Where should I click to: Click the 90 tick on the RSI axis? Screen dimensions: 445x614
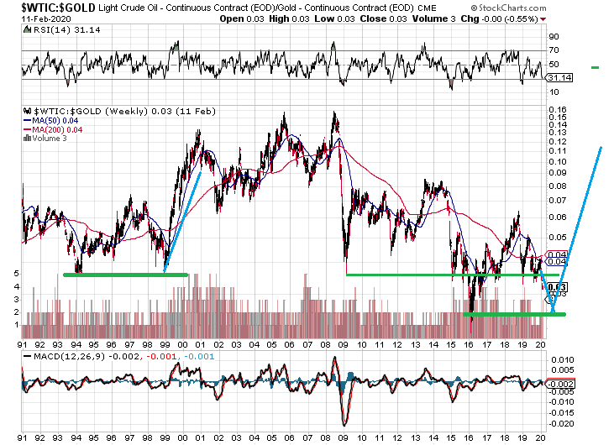pyautogui.click(x=554, y=37)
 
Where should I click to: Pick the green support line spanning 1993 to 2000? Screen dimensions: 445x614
pyautogui.click(x=126, y=274)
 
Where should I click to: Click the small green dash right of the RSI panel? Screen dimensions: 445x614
pyautogui.click(x=596, y=66)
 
